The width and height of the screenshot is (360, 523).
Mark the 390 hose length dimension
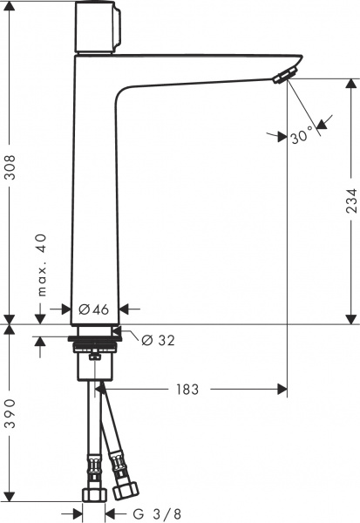(x=10, y=417)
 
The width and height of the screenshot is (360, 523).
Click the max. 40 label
(x=40, y=265)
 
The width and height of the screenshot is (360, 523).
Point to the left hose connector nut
(x=92, y=494)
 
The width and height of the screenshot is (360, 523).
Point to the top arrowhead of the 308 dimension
(x=10, y=6)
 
